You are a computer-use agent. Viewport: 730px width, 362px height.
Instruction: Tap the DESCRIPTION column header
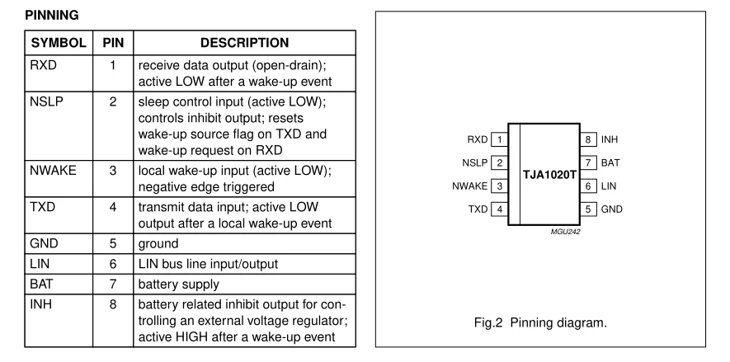243,41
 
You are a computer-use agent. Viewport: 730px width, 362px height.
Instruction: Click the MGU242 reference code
567,233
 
